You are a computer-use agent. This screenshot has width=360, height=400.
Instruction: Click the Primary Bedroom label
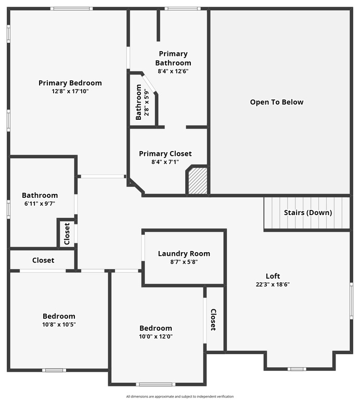click(x=70, y=83)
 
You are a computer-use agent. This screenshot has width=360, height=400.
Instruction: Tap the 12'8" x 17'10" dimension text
click(x=70, y=91)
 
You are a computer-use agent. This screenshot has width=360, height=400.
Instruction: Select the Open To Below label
click(x=277, y=102)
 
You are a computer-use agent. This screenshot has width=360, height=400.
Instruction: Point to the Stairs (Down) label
click(x=308, y=213)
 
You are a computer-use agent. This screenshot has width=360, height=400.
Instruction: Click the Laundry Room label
click(x=184, y=254)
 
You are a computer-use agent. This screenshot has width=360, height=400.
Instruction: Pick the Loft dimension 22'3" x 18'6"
click(x=273, y=284)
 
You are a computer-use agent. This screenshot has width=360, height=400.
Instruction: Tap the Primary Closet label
click(x=165, y=154)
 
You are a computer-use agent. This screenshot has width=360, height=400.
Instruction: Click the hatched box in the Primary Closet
click(x=198, y=181)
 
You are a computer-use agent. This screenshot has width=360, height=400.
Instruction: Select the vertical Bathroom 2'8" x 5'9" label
click(x=142, y=102)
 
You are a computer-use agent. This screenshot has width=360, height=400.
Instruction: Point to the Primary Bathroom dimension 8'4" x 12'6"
click(x=173, y=71)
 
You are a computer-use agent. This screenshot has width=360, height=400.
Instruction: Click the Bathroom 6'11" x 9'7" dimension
click(x=40, y=204)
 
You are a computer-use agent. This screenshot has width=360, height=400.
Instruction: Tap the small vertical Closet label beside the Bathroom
click(x=67, y=234)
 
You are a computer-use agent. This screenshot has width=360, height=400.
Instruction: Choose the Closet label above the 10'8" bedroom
click(x=43, y=260)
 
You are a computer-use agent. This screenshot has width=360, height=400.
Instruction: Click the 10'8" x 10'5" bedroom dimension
click(x=59, y=324)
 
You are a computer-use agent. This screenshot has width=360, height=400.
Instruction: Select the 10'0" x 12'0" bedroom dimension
click(x=156, y=336)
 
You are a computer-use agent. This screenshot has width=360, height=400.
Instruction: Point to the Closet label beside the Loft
click(x=213, y=320)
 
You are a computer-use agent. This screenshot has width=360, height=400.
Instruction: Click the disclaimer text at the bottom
click(x=180, y=396)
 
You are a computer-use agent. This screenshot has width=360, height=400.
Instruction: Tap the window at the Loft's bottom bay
click(x=297, y=369)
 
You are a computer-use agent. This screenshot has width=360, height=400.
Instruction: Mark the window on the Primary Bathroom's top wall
click(x=183, y=9)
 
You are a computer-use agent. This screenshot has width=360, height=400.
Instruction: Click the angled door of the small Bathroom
click(x=149, y=83)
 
